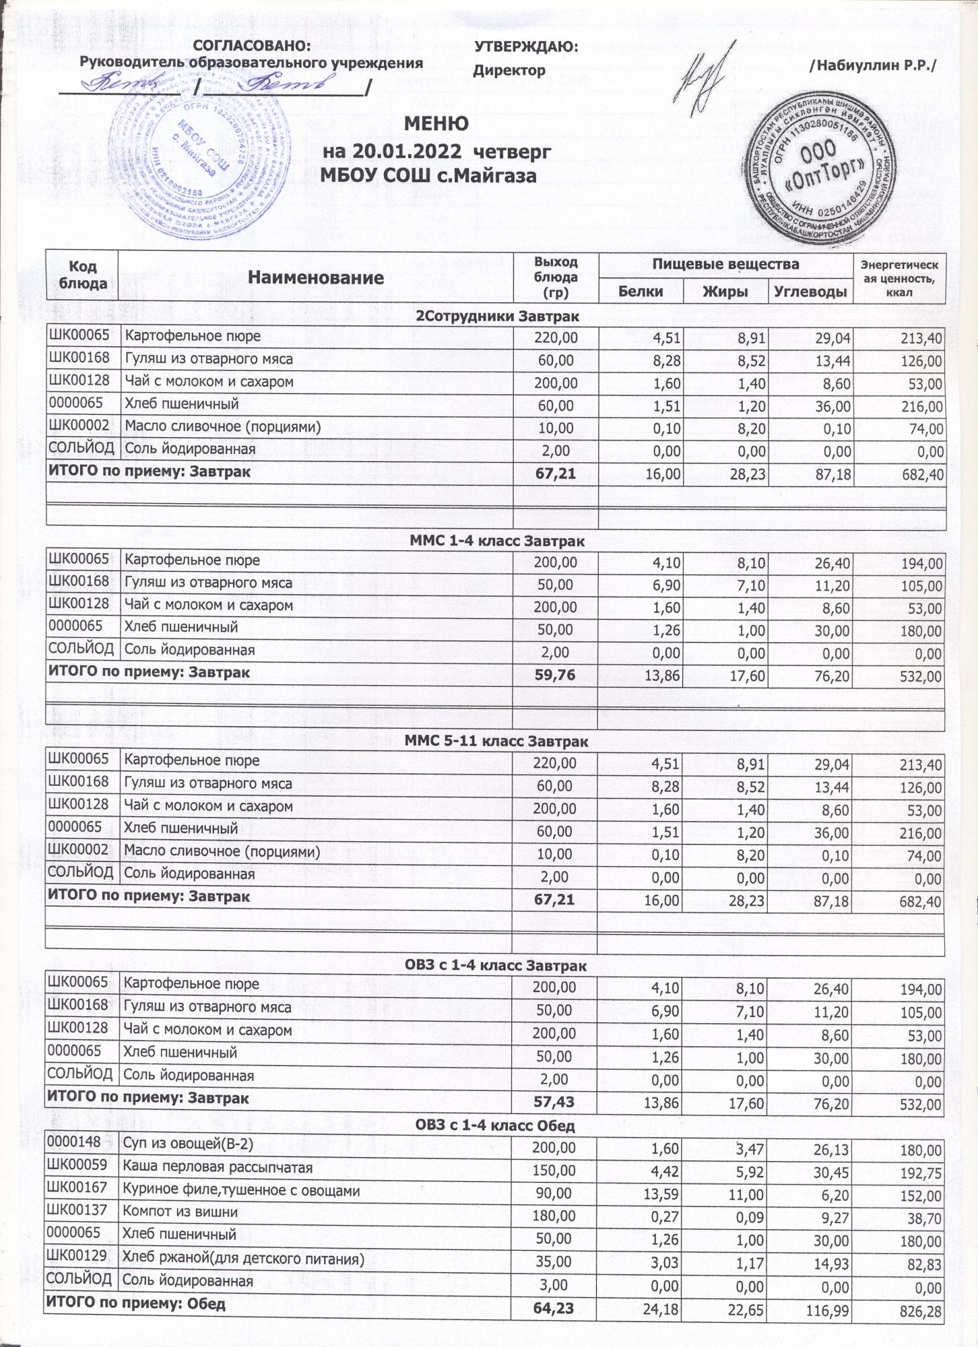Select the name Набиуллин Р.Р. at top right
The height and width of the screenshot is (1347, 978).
pos(874,65)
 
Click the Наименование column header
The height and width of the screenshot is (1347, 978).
pos(315,277)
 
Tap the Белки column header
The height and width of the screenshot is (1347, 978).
pos(640,291)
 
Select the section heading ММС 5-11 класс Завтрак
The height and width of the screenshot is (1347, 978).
pos(496,742)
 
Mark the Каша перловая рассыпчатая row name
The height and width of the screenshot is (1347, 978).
pos(217,1167)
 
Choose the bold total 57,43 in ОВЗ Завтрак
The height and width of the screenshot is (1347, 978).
pos(554,1103)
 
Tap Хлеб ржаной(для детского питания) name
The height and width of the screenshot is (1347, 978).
pos(242,1258)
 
